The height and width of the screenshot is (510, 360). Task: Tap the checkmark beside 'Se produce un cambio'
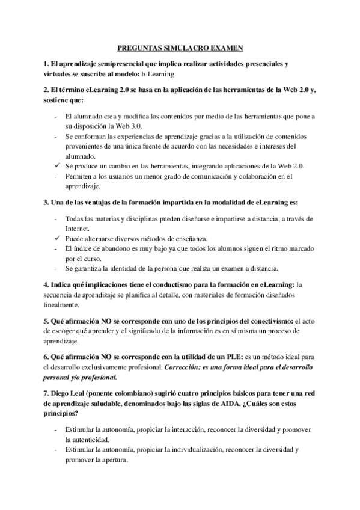[55, 165]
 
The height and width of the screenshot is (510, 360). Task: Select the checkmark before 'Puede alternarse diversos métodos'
[55, 239]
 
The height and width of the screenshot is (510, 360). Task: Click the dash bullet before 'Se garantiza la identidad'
[55, 268]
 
